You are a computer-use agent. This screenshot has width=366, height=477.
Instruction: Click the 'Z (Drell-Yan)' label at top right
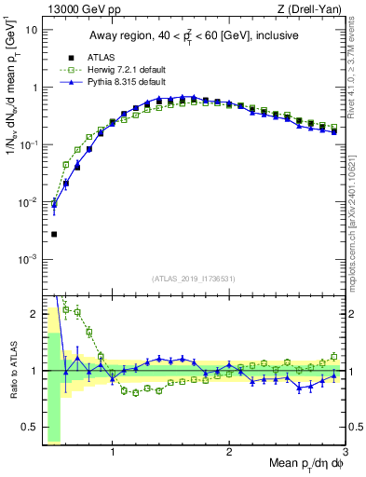(314, 9)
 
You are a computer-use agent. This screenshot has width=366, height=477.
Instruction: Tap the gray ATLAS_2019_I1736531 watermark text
(194, 279)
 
